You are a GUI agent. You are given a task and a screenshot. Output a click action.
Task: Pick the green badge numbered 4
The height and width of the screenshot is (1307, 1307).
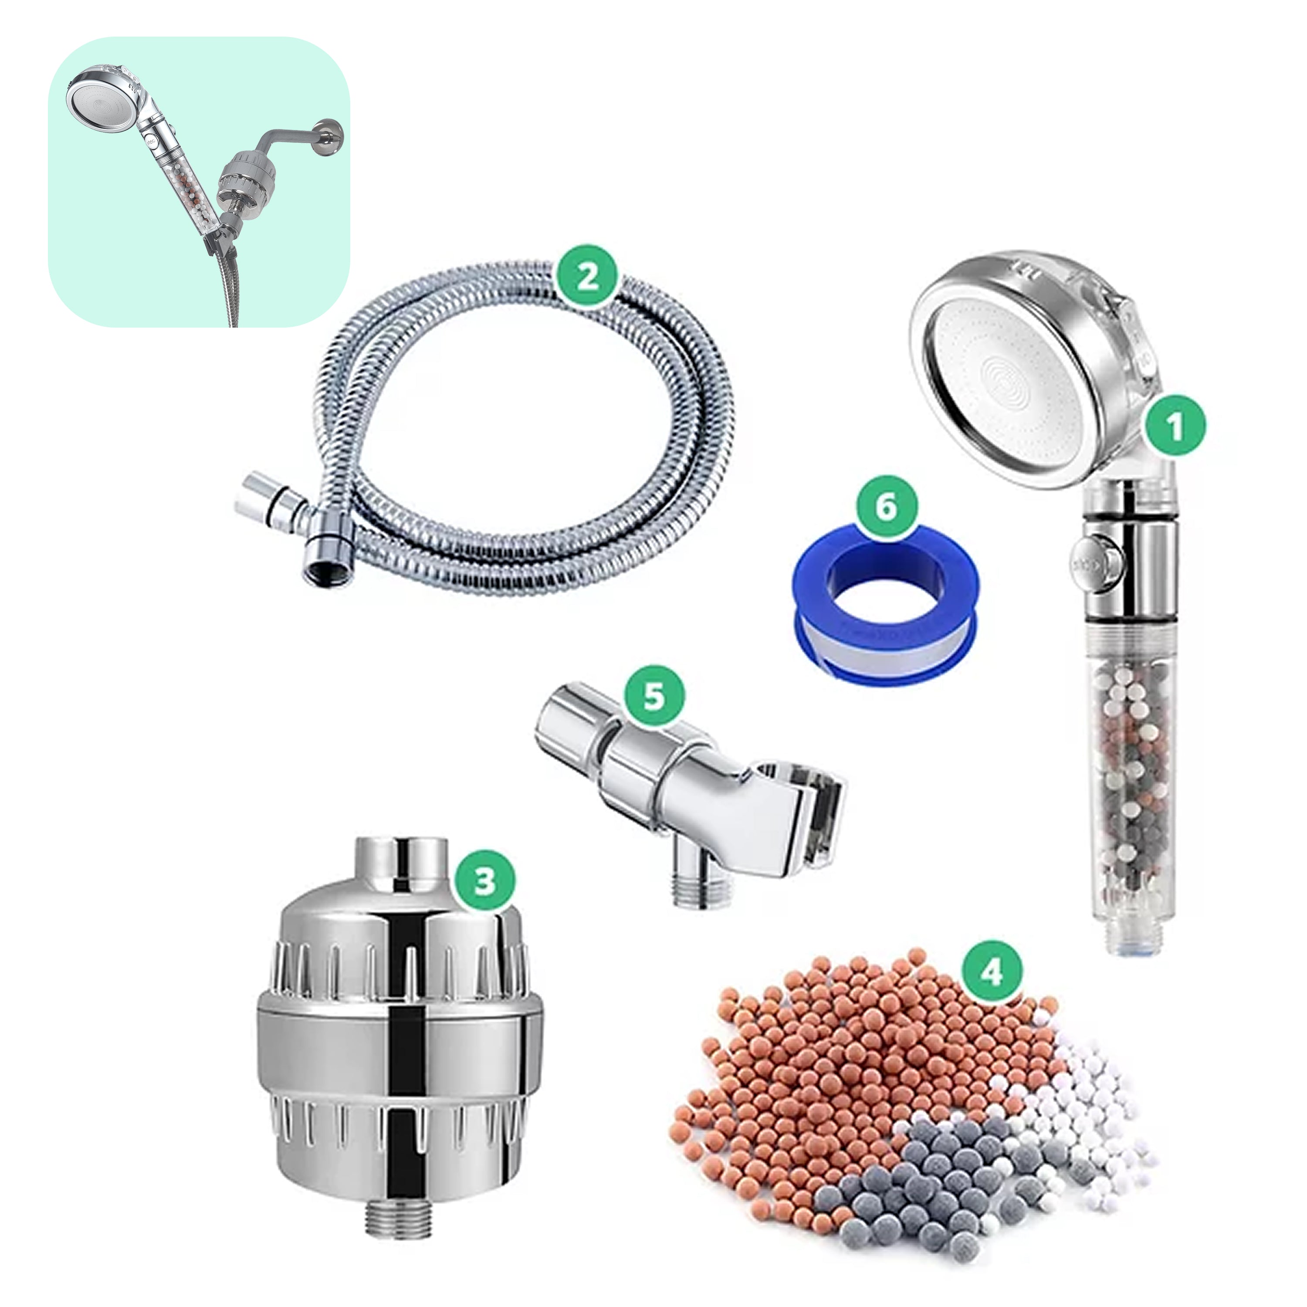pos(991,972)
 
